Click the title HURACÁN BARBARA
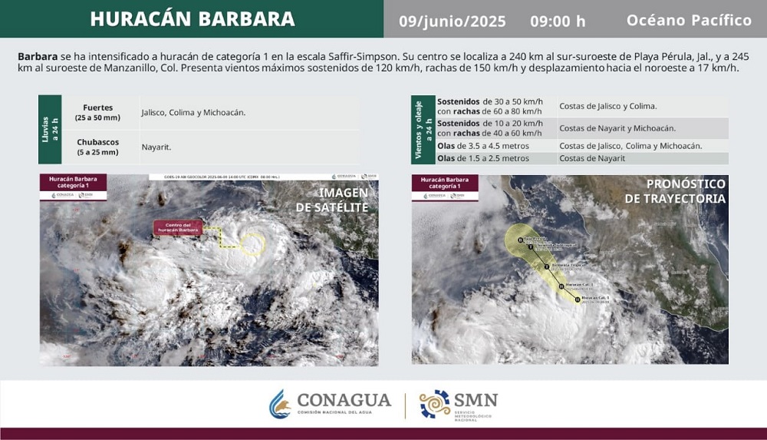[192, 19]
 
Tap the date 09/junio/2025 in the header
[453, 21]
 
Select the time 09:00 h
[558, 21]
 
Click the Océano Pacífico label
[689, 20]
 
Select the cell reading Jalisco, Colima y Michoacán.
[193, 112]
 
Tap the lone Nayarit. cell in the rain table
[156, 147]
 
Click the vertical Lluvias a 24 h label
[49, 130]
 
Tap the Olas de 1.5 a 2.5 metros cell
[483, 158]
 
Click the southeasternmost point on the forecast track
[578, 299]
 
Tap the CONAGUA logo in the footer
[330, 404]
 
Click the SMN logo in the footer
[459, 404]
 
